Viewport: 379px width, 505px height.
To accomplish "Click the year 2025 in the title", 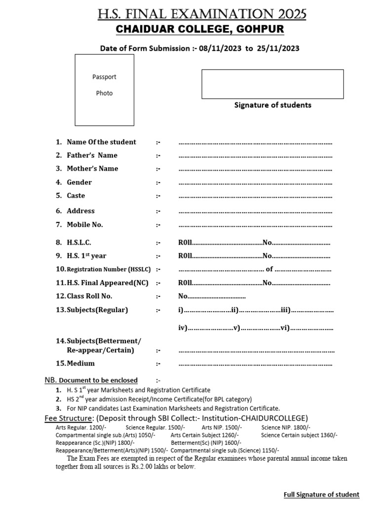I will pos(289,15).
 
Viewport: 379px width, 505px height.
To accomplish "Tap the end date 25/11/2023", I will pos(278,48).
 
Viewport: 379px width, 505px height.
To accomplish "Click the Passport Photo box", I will pos(104,90).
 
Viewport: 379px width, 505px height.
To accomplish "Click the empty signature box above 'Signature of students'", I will pos(272,84).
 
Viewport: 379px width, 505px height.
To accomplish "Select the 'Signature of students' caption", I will pos(272,105).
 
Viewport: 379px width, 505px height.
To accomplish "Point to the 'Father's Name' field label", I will pos(92,155).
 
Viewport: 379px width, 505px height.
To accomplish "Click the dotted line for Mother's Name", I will pos(255,169).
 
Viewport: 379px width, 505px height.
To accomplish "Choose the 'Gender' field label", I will pos(79,182).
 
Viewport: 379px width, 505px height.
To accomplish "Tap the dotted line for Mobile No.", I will pos(255,225).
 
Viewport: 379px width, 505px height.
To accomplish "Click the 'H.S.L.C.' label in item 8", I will pos(79,243).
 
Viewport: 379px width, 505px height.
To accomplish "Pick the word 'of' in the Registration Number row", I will pos(269,269).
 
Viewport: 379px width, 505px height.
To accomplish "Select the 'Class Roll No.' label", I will pos(89,296).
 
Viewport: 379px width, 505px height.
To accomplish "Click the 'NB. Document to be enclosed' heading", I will pos(91,380).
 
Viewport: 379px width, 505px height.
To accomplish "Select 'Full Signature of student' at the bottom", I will pos(321,495).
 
